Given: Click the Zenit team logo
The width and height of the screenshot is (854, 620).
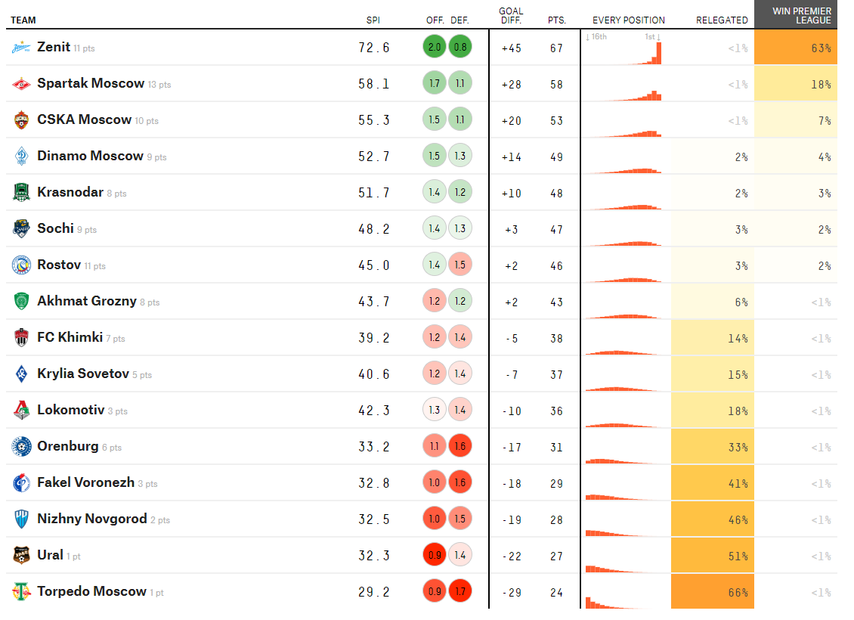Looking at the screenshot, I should (21, 48).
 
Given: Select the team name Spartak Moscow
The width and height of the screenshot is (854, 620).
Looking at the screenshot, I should (91, 84).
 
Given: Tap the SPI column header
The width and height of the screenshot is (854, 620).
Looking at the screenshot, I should (373, 20).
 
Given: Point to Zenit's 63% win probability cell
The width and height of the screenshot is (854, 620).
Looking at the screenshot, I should (796, 48).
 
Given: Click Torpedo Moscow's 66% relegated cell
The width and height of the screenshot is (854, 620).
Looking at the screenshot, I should (713, 592).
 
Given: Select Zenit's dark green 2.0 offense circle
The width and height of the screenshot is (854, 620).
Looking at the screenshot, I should (435, 48).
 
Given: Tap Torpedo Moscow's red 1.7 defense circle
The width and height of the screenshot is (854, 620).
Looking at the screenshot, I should (460, 592).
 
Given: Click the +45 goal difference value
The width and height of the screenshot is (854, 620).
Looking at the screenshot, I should (512, 48).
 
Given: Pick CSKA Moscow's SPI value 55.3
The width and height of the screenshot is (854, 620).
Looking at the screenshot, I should (374, 120).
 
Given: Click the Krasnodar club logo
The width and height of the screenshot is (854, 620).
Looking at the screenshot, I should (21, 193).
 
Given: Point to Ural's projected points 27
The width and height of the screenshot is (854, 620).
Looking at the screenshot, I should (556, 556).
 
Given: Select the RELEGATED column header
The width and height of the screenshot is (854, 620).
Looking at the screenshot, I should (722, 20).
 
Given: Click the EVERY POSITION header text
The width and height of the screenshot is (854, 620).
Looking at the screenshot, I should (629, 20).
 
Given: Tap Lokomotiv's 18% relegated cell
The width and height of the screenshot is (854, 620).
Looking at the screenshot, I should (713, 411).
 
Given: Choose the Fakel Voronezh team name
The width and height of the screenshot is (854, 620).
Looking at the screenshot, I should (85, 482).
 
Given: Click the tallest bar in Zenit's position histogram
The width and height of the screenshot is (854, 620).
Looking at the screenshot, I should (659, 52).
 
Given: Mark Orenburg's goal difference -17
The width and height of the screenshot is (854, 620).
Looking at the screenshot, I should (512, 447).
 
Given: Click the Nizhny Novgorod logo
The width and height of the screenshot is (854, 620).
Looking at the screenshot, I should (21, 519).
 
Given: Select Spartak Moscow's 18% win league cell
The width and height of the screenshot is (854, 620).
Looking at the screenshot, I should (796, 84).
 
